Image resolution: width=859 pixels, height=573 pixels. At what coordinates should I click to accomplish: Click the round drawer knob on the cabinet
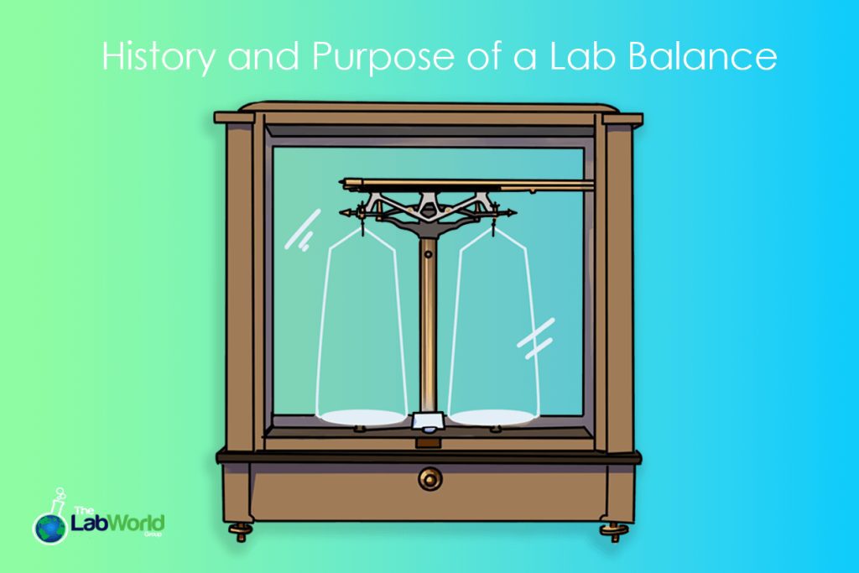point(429,479)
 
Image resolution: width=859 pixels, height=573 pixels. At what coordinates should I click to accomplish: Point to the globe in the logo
point(49,526)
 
